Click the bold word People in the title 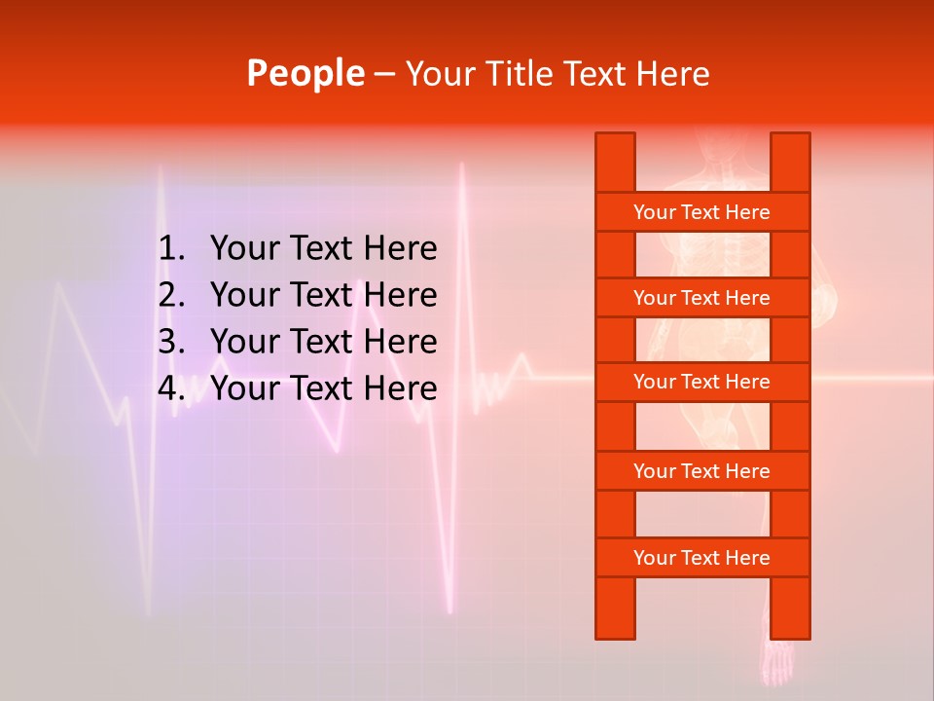(305, 73)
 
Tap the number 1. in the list (171, 249)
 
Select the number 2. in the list (171, 295)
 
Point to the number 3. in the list (171, 342)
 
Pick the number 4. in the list (171, 388)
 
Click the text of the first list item (323, 249)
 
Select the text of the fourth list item (323, 388)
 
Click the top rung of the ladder (701, 212)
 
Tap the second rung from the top (701, 298)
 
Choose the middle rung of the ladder (701, 382)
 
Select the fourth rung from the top (701, 471)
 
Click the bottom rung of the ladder (701, 558)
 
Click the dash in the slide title (384, 74)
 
